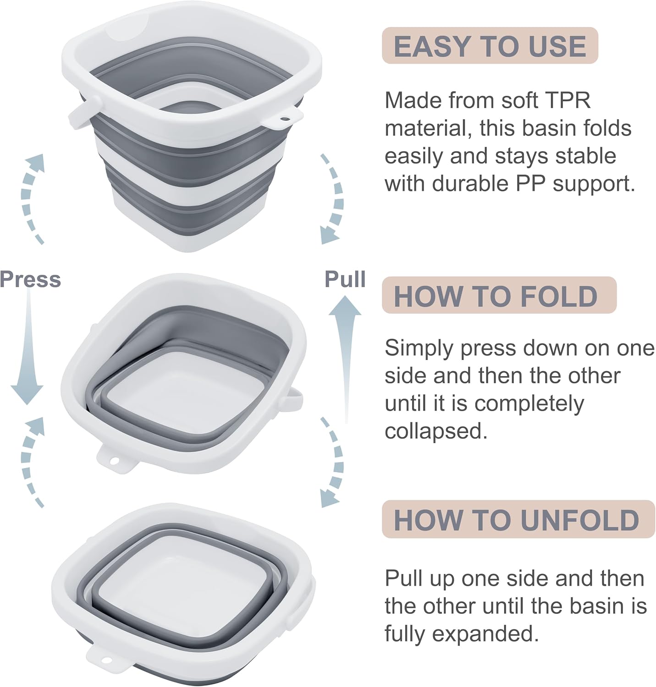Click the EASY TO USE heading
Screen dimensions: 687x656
(x=490, y=46)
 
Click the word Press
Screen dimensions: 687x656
(x=30, y=279)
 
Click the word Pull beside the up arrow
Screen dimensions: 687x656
(x=345, y=279)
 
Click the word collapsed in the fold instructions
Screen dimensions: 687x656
(x=435, y=431)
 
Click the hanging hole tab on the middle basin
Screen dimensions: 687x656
(x=115, y=459)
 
